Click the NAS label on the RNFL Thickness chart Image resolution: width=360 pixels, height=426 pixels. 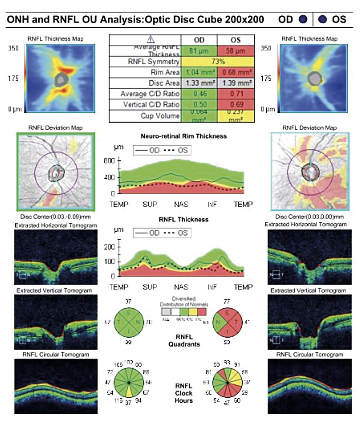tap(181, 287)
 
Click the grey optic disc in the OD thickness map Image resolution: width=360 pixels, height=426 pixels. tap(61, 79)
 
